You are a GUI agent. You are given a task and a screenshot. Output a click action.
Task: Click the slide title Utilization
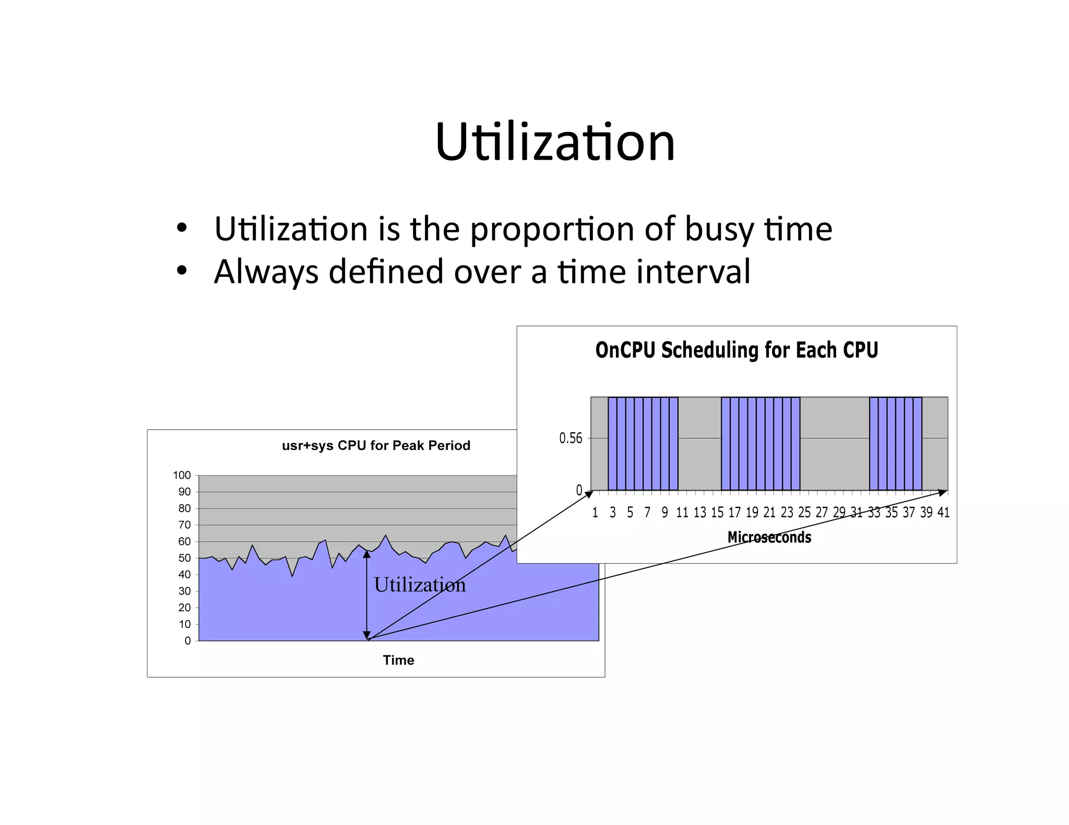coord(555,142)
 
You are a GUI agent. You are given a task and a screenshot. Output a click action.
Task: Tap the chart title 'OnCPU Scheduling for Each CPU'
coord(737,350)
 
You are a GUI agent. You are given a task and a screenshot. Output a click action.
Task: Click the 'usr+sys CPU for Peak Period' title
coord(376,445)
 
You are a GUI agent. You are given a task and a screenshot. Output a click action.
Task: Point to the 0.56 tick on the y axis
coord(571,438)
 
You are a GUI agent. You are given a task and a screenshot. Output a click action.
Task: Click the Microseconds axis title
coord(769,537)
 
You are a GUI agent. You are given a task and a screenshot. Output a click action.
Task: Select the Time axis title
coord(398,660)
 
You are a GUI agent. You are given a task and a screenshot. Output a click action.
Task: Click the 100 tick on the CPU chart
coord(182,475)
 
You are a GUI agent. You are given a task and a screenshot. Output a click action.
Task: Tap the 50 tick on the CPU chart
coord(184,558)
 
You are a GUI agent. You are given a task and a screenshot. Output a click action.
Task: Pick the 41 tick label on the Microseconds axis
coord(943,513)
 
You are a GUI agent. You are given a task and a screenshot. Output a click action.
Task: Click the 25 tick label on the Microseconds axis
coord(804,513)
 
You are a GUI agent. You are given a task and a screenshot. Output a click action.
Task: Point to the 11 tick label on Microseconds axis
coord(682,513)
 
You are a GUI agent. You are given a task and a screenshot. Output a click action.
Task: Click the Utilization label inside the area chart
coord(420,585)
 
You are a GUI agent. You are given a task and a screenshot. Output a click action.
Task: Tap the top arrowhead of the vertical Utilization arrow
coord(367,554)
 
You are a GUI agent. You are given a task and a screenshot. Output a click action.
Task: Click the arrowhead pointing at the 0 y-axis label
coord(589,493)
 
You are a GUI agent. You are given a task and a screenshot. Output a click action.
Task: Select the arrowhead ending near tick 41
coord(942,492)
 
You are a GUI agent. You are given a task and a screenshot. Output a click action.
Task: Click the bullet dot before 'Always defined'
coord(181,271)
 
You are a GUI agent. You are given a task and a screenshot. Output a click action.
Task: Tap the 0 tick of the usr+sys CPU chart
coord(187,641)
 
